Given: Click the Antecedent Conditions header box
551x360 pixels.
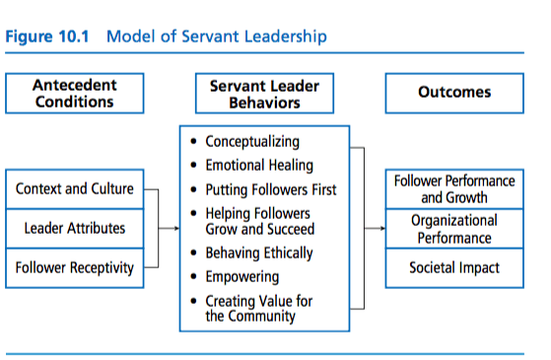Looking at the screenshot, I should (74, 93).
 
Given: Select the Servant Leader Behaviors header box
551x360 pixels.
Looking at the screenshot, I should (264, 93).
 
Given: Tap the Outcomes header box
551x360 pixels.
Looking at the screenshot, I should (453, 93).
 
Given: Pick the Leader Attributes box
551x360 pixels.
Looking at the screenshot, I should (74, 228).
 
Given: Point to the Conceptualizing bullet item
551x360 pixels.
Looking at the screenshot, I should (251, 142).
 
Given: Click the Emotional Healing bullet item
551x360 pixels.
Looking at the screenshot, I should (258, 165).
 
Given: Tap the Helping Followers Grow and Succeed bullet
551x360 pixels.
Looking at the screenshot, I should (258, 220).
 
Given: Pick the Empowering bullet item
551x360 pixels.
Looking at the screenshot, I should (241, 277).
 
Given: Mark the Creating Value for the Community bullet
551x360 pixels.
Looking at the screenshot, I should (258, 308).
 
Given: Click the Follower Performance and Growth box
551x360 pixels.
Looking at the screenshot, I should (454, 188).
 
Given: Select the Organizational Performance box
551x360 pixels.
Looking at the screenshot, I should (454, 229).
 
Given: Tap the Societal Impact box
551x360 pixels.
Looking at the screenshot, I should (454, 266).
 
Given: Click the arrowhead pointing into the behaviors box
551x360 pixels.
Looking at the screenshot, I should (174, 228).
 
